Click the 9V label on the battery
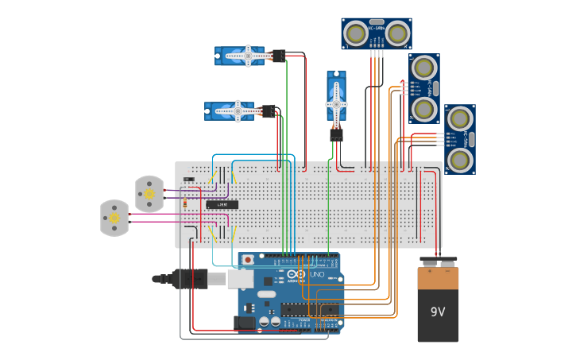tap(438, 312)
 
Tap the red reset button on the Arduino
tap(249, 259)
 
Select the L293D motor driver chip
tap(222, 204)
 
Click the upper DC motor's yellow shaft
tap(149, 193)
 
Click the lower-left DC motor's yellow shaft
tap(114, 218)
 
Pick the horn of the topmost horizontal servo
tap(248, 55)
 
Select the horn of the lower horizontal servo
tap(238, 111)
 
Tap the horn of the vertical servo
tap(336, 103)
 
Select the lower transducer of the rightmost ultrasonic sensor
tap(460, 160)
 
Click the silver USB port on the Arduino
tap(240, 277)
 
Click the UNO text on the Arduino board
tap(316, 274)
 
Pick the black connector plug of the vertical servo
tap(336, 135)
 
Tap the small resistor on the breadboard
tap(185, 203)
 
